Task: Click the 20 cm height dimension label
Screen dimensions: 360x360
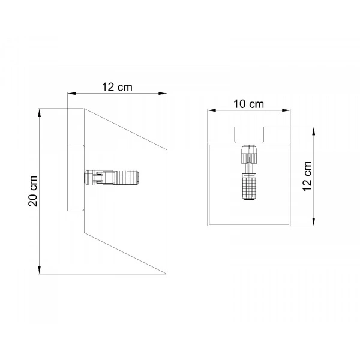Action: coord(33,191)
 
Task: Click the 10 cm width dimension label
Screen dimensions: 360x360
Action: coord(248,104)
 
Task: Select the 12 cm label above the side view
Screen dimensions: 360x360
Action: coord(117,87)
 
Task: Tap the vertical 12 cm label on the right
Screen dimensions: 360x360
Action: coord(307,176)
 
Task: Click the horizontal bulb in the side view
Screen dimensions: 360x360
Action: coord(112,178)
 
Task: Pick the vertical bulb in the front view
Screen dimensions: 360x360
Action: coord(249,172)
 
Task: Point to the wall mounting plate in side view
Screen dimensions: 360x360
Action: coord(76,178)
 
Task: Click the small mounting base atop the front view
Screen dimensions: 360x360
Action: coord(249,135)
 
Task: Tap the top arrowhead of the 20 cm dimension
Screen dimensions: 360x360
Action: coord(40,113)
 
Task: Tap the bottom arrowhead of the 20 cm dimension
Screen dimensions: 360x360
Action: coord(40,270)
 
